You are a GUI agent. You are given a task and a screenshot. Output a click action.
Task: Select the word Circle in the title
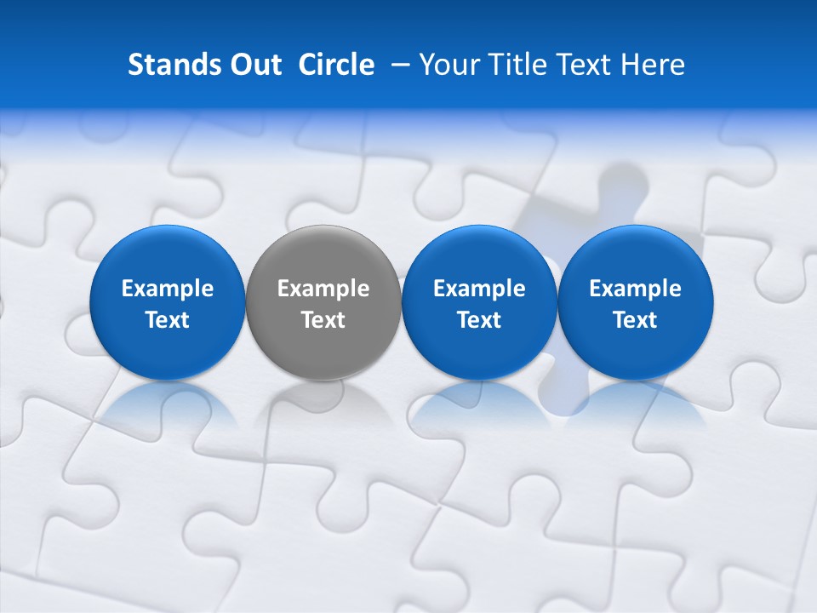336,65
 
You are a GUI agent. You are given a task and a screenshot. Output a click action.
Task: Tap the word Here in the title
653,65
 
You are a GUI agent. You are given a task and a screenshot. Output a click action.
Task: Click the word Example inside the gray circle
323,289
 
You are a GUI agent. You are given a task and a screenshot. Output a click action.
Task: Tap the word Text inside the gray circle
323,320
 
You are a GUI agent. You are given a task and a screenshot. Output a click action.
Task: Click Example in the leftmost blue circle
168,289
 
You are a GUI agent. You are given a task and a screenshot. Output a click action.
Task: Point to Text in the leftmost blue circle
168,320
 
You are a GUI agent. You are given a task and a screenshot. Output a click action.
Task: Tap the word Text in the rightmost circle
636,320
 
